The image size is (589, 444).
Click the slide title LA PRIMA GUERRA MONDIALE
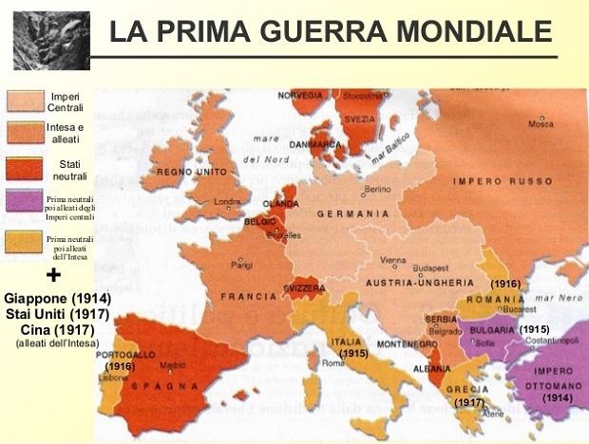pos(330,30)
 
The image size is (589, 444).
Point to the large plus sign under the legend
pos(53,275)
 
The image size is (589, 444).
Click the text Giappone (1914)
pos(58,298)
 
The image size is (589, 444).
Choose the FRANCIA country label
pos(248,296)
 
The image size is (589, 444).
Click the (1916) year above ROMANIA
pos(504,283)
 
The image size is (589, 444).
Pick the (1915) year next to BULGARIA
pos(535,328)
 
